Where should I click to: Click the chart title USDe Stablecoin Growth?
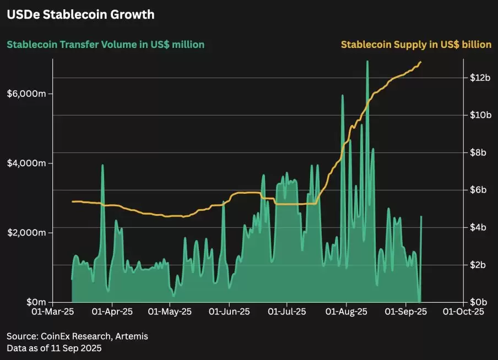[x=80, y=15]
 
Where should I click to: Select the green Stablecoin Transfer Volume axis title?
[x=105, y=45]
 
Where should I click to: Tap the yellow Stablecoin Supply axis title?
[x=416, y=45]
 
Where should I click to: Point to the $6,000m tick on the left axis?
[x=26, y=94]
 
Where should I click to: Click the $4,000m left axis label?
[x=26, y=163]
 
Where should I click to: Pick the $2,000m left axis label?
[x=26, y=233]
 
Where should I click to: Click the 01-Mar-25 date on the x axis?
[x=53, y=312]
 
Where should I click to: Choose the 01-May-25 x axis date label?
[x=170, y=312]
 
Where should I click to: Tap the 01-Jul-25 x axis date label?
[x=286, y=312]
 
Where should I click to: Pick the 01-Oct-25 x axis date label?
[x=463, y=312]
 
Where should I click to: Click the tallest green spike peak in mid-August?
[x=367, y=62]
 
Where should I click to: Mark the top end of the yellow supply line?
[x=421, y=62]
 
